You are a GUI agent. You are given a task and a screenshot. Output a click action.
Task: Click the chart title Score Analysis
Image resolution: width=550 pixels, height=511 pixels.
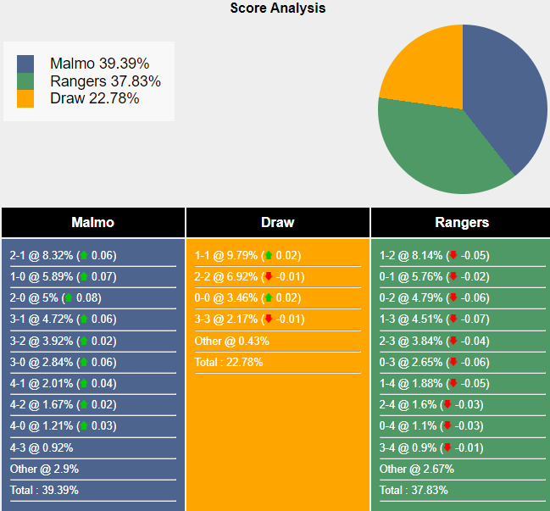pos(277,8)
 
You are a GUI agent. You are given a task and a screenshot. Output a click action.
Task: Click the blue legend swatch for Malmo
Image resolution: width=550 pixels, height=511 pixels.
pos(25,64)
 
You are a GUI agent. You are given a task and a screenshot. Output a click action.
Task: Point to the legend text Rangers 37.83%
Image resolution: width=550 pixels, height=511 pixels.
pos(105,81)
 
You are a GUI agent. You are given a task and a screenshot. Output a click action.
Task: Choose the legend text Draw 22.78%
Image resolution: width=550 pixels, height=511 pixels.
pos(94,98)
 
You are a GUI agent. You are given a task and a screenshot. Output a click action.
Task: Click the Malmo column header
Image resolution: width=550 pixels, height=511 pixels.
pos(92,223)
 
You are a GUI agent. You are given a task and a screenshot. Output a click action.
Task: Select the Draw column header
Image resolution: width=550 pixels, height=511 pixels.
pos(277,223)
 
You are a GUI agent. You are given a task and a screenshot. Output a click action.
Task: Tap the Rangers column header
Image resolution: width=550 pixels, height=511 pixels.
pos(462,223)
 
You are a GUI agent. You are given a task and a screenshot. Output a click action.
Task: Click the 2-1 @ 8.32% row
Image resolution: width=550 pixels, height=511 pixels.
pos(64,255)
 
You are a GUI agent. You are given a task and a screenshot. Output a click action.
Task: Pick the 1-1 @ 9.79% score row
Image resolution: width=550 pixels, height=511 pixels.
pos(247,255)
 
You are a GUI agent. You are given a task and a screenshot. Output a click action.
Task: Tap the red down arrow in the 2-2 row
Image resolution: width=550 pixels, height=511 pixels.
pos(268,276)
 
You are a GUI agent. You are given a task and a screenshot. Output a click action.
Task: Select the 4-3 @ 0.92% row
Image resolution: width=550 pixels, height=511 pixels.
pos(42,447)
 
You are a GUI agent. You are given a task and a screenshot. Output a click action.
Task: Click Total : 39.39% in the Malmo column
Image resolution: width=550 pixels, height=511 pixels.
pos(44,490)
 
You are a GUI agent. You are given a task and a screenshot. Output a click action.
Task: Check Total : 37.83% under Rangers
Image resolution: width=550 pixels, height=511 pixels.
pos(414,490)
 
